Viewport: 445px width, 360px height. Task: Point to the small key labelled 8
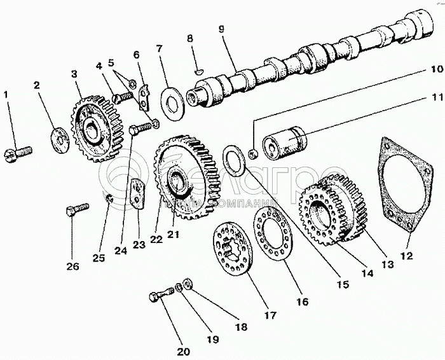click(x=197, y=71)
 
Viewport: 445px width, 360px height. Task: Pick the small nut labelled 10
click(x=253, y=153)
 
